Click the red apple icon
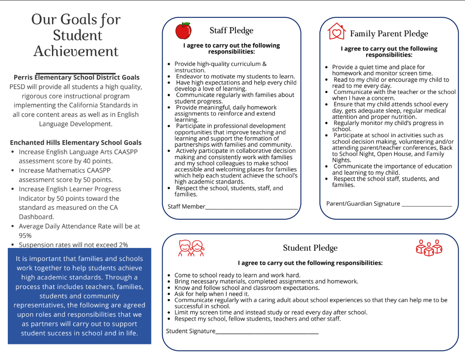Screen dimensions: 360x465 pyautogui.click(x=183, y=31)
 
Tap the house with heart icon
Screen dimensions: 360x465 pyautogui.click(x=336, y=32)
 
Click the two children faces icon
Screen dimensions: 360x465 pyautogui.click(x=191, y=247)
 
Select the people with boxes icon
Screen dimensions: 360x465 pyautogui.click(x=429, y=247)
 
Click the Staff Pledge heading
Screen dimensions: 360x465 pyautogui.click(x=231, y=30)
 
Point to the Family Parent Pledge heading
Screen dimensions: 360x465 pyautogui.click(x=389, y=34)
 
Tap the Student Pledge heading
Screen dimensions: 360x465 pyautogui.click(x=310, y=248)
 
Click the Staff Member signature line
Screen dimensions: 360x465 pyautogui.click(x=252, y=208)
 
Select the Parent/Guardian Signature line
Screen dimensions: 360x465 pyautogui.click(x=426, y=205)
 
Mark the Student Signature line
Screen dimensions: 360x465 pyautogui.click(x=267, y=332)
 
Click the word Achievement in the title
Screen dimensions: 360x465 pyautogui.click(x=76, y=51)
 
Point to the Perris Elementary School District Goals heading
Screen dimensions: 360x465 pyautogui.click(x=77, y=77)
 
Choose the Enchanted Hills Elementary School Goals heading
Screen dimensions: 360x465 pyautogui.click(x=76, y=142)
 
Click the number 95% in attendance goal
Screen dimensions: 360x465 pyautogui.click(x=25, y=235)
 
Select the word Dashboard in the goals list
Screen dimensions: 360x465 pyautogui.click(x=36, y=217)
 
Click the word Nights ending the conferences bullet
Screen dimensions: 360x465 pyautogui.click(x=341, y=160)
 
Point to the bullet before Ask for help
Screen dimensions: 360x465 pyautogui.click(x=169, y=294)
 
